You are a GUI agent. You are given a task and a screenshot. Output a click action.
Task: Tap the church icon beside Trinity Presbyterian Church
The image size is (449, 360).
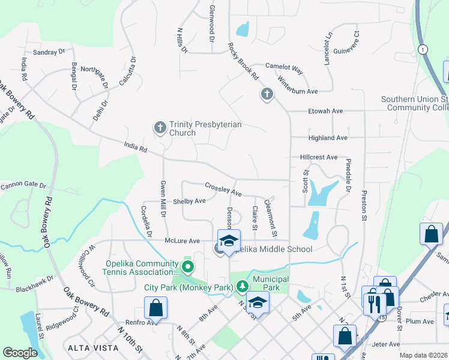point(160,127)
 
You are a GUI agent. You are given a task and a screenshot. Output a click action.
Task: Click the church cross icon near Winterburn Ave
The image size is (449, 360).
point(267,94)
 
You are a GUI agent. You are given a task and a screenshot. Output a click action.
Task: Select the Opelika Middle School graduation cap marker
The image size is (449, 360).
point(228,241)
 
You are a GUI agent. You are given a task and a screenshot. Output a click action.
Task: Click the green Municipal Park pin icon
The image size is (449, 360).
point(242,287)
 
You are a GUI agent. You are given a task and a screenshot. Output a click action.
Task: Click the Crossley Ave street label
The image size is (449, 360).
point(223,190)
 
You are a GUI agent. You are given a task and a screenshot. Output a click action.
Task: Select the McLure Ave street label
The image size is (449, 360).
point(182,241)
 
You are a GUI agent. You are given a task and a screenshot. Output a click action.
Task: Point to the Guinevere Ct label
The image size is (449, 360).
point(346,42)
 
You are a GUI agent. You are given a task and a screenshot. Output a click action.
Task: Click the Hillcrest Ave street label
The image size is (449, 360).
point(319,157)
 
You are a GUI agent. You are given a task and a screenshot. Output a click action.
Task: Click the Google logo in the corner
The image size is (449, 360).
point(20,353)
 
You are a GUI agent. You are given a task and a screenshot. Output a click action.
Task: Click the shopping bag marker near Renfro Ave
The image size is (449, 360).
point(155,308)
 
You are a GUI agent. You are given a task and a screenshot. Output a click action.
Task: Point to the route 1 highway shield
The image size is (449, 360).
point(424,49)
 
